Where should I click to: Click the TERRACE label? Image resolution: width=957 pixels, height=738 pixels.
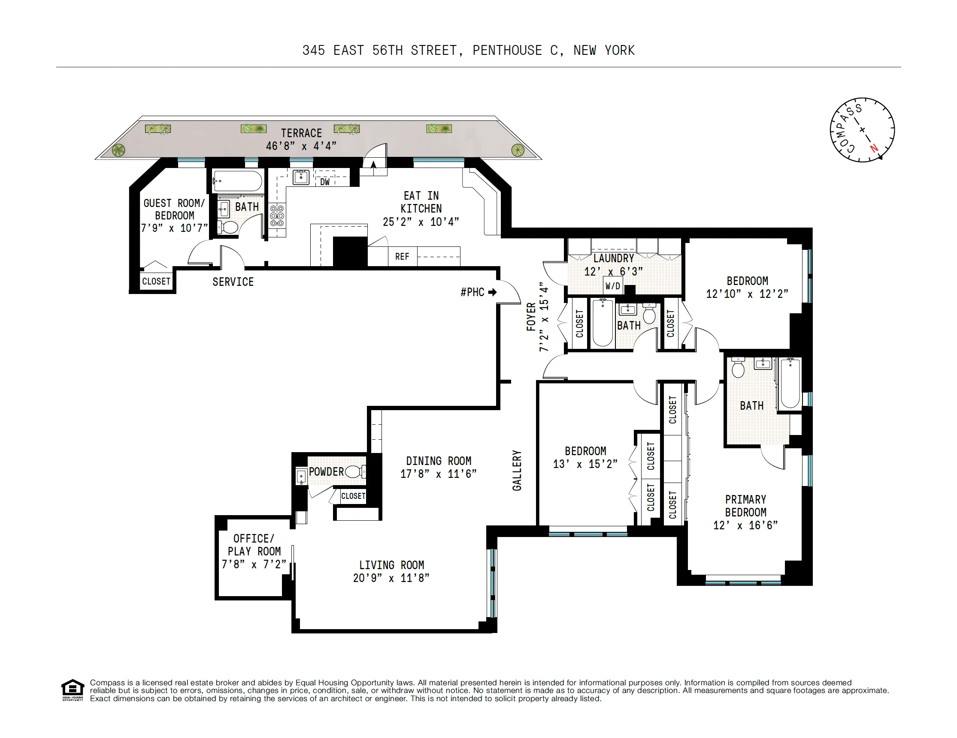(x=301, y=133)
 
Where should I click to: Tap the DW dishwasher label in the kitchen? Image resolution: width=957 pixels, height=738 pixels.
(x=325, y=182)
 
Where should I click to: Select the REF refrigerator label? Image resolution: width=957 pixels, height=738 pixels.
(x=402, y=257)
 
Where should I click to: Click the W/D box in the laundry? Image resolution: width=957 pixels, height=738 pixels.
(x=612, y=286)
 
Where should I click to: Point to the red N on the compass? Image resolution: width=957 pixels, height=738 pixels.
(x=874, y=148)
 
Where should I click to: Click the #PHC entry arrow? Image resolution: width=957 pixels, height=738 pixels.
(x=493, y=292)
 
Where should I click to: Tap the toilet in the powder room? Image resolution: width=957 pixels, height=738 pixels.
(x=355, y=472)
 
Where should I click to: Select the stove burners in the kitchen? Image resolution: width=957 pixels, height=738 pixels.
(x=277, y=216)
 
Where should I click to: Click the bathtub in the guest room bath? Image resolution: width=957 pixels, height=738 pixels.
(x=237, y=181)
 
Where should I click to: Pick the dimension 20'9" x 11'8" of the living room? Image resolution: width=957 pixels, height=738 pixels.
(x=391, y=578)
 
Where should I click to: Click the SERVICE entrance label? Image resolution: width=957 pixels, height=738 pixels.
(x=233, y=282)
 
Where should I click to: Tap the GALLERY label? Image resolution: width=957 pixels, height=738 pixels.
(x=517, y=471)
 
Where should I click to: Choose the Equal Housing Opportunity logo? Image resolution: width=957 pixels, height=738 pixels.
(x=72, y=690)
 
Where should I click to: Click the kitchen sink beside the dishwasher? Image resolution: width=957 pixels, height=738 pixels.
(x=301, y=177)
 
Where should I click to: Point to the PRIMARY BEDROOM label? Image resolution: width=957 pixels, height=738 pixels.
(x=745, y=506)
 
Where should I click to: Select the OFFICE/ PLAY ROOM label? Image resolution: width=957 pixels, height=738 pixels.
(x=254, y=545)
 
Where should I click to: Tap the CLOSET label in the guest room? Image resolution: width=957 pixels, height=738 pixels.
(x=156, y=282)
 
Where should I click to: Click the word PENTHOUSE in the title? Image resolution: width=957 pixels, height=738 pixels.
(x=507, y=51)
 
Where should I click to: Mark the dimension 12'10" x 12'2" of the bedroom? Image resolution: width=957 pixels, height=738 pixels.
(x=747, y=294)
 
